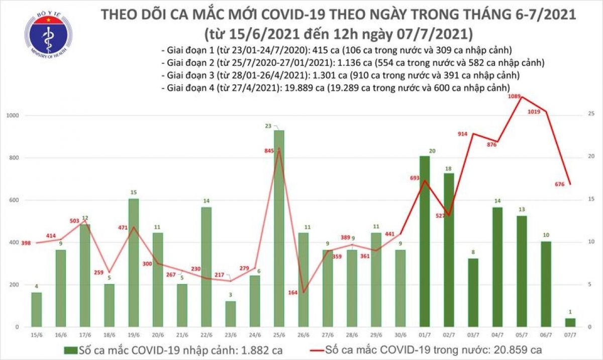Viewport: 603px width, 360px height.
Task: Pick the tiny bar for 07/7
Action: click(x=570, y=322)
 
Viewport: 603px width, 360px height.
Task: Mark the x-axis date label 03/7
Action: click(x=473, y=334)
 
